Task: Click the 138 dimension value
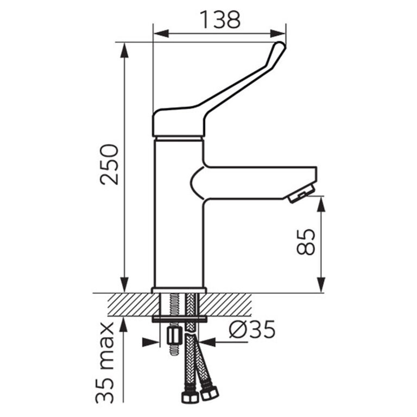220,20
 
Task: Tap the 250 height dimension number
109,165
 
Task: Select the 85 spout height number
306,242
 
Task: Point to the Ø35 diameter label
252,329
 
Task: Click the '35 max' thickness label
105,363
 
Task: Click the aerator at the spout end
301,194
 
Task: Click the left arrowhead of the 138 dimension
161,34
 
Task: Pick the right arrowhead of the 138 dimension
278,34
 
